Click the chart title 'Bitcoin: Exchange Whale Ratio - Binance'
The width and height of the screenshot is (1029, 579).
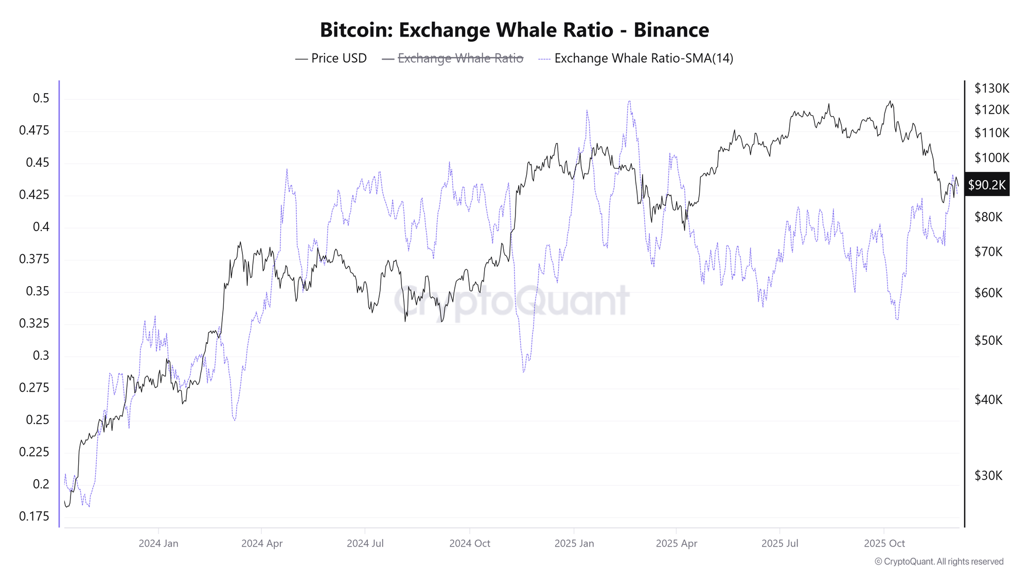click(x=514, y=30)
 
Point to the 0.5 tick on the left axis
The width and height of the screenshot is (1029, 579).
click(x=41, y=98)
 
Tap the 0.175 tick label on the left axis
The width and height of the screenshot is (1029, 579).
click(x=34, y=516)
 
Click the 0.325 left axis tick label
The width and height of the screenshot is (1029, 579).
click(x=34, y=323)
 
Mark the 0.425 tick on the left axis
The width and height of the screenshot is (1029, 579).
click(x=34, y=195)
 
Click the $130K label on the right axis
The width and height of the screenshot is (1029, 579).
click(x=991, y=89)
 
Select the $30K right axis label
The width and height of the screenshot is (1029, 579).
click(x=988, y=476)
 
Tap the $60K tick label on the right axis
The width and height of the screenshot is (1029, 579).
click(x=988, y=293)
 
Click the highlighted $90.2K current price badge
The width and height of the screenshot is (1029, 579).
click(x=986, y=185)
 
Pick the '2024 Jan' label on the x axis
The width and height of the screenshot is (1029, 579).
click(x=158, y=543)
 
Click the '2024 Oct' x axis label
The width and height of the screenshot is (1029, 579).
click(x=470, y=543)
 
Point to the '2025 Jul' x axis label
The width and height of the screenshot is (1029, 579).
click(x=779, y=543)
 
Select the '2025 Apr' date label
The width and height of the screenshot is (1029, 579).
click(x=676, y=543)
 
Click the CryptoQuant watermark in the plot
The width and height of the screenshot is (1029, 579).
click(x=511, y=301)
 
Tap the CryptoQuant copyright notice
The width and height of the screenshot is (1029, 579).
click(x=939, y=562)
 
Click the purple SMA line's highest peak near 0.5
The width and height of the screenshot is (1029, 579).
click(x=629, y=101)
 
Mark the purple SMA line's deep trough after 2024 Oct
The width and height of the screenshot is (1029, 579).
click(x=523, y=372)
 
